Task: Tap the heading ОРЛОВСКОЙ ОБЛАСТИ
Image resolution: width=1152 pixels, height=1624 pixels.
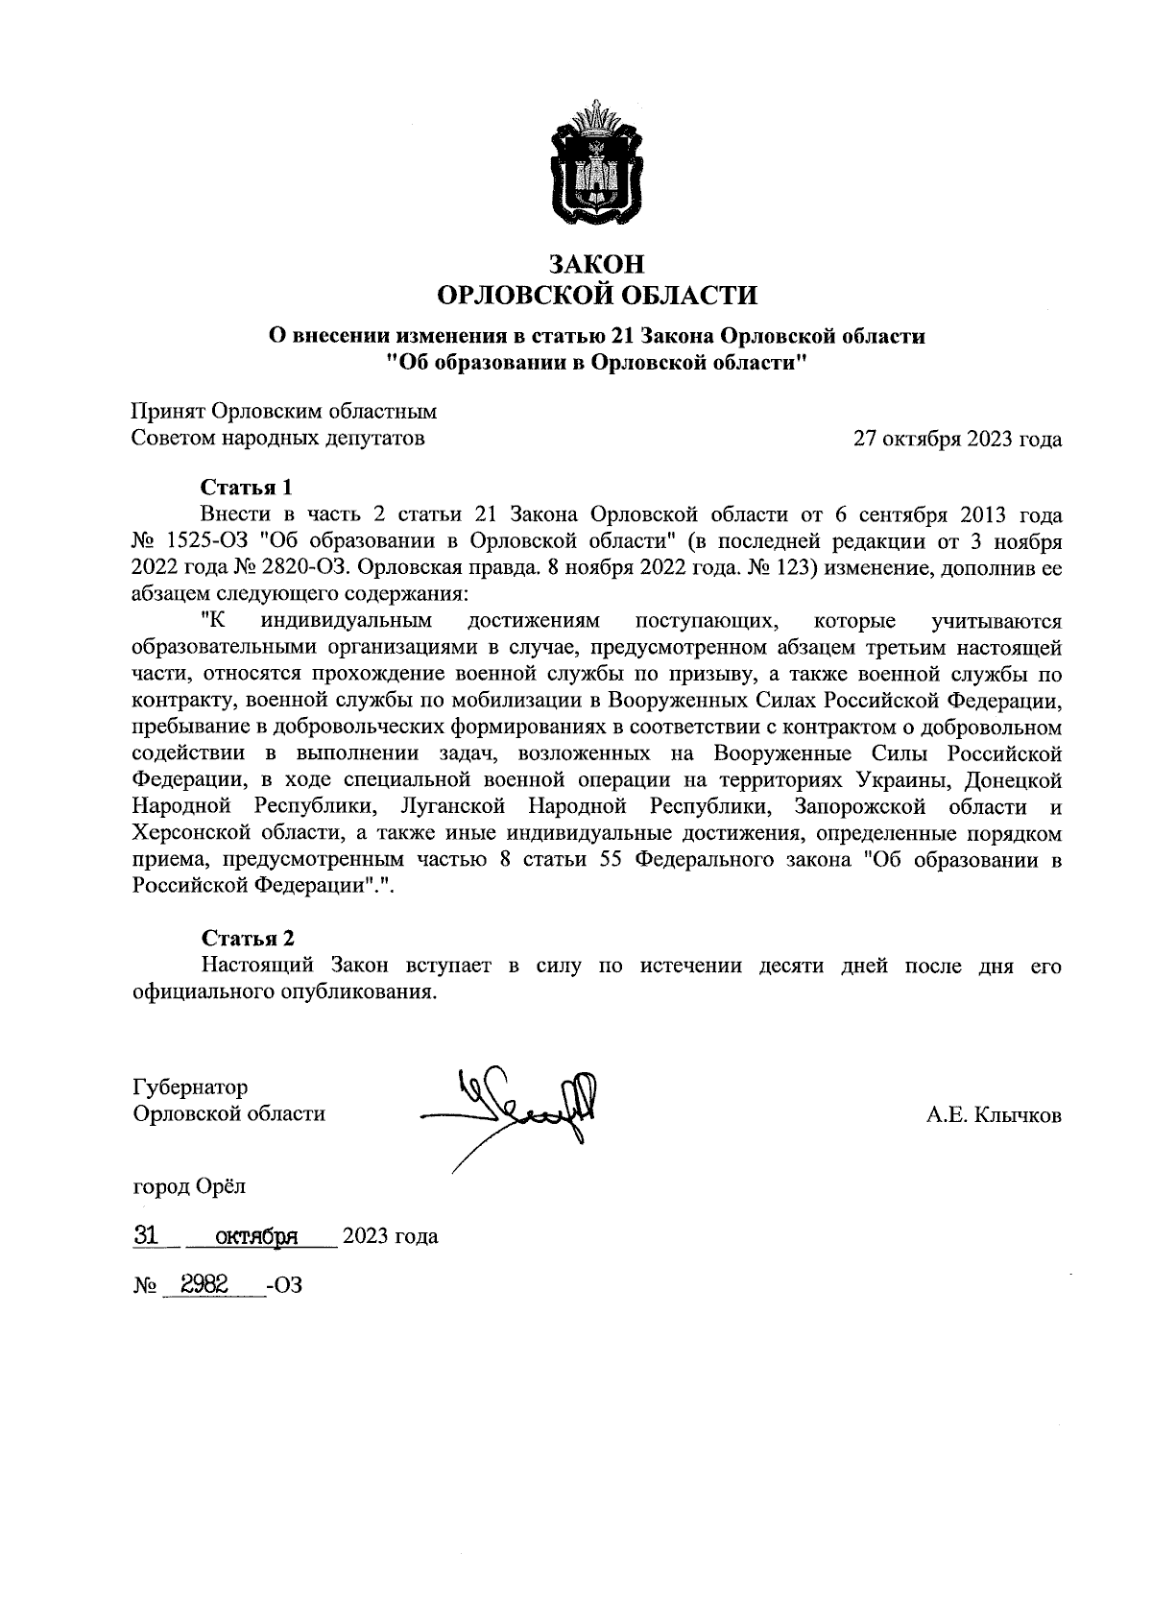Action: pos(596,295)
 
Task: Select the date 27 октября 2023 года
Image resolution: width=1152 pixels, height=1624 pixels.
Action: pos(957,440)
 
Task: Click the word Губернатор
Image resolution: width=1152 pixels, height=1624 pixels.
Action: pos(189,1087)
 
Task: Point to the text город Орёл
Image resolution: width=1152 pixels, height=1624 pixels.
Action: pos(188,1186)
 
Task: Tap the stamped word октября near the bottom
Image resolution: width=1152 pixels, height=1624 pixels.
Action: pos(255,1236)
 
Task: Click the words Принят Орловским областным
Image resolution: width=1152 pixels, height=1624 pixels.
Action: pos(283,412)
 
